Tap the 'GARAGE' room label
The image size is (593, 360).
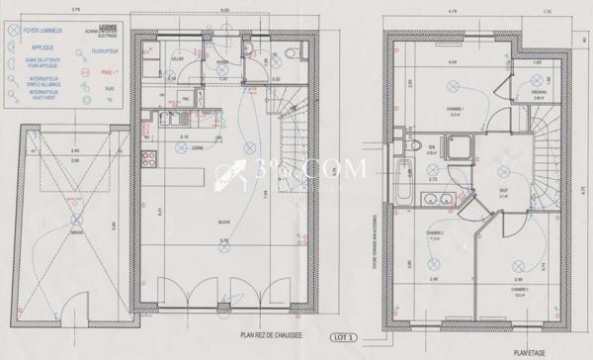click(78, 234)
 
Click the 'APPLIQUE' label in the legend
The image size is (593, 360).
click(42, 45)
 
